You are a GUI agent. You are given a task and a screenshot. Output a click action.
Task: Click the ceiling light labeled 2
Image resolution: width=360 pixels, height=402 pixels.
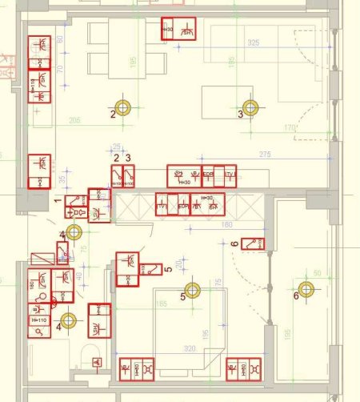(x=122, y=107)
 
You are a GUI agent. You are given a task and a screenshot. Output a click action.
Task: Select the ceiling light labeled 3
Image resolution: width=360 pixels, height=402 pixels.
(x=250, y=107)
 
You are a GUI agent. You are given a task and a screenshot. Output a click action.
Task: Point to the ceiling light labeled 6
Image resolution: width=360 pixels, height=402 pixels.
(x=305, y=290)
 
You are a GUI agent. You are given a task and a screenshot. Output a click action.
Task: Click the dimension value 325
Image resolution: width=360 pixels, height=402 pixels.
(x=254, y=42)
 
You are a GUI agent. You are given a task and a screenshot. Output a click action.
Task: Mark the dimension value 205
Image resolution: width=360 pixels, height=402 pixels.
(x=74, y=121)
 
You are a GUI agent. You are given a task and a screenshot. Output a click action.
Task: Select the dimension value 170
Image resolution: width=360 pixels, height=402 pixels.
(x=290, y=127)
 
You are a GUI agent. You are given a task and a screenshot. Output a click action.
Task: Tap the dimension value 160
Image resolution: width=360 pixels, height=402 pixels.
(x=227, y=225)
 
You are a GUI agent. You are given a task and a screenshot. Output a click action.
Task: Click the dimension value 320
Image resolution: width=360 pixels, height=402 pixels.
(x=190, y=349)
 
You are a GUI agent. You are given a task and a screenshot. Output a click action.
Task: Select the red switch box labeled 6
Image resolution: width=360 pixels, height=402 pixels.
(x=255, y=243)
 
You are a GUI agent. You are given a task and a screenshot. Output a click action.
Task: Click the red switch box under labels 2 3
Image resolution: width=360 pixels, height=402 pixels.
(x=122, y=176)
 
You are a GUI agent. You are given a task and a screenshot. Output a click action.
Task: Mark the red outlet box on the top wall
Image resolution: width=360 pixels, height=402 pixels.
(x=178, y=29)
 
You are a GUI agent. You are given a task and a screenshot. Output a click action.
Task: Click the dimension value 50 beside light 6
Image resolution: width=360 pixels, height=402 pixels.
(x=317, y=274)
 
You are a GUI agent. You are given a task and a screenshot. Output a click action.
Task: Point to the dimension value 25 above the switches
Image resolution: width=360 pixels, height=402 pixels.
(x=117, y=147)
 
